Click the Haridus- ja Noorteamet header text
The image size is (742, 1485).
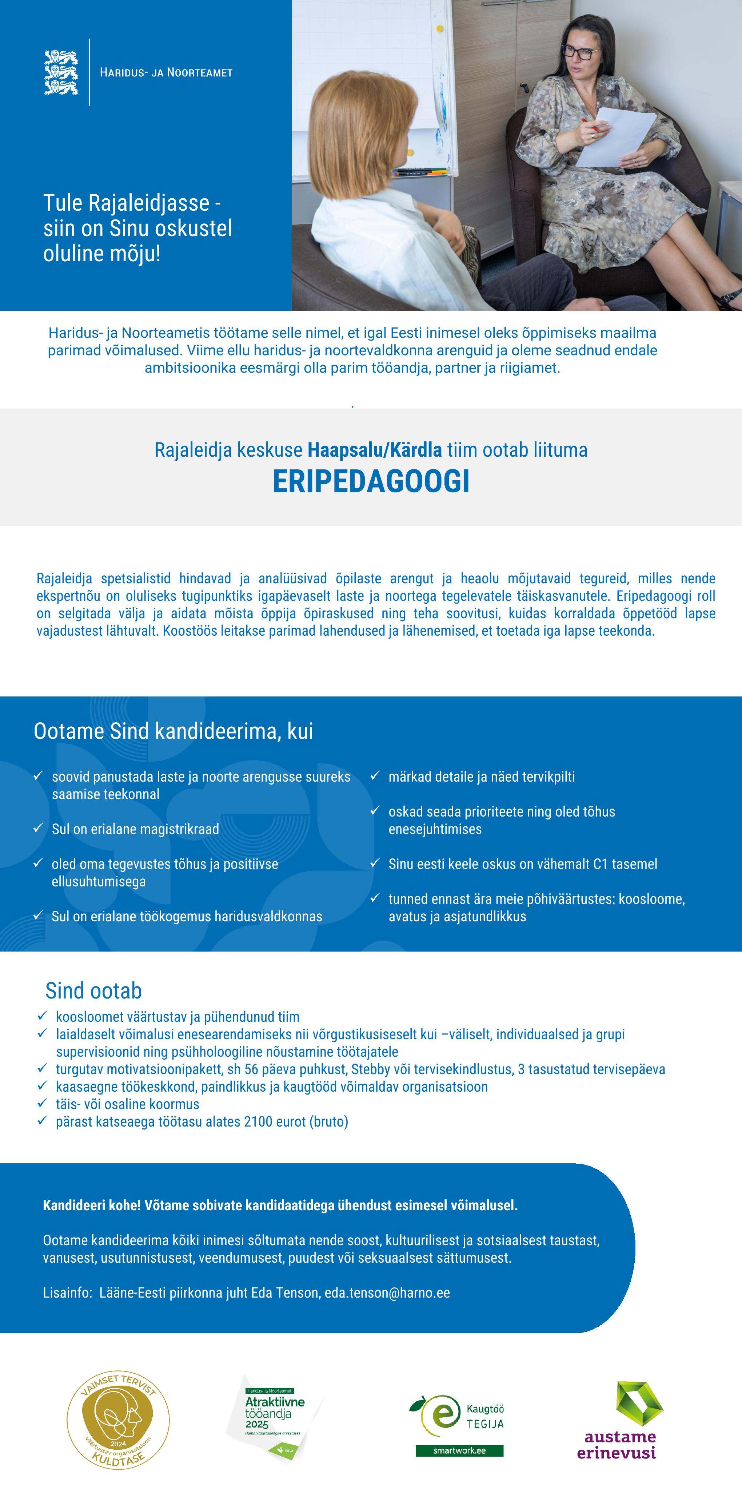click(x=166, y=73)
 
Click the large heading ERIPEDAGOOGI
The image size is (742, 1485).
click(x=371, y=482)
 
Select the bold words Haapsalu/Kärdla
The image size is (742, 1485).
click(x=375, y=450)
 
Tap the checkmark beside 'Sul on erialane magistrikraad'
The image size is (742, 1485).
click(x=39, y=828)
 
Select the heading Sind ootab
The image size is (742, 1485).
click(x=93, y=990)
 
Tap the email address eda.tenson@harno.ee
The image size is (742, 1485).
click(x=387, y=1293)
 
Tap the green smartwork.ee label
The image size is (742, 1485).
click(x=460, y=1450)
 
